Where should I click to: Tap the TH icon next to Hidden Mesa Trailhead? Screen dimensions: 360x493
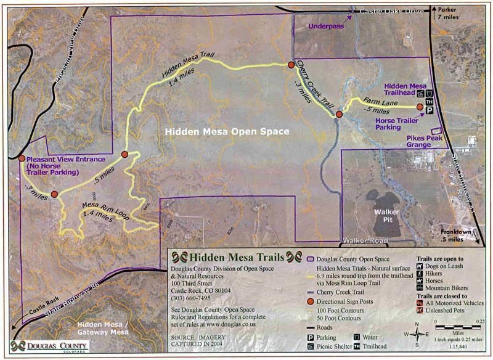429,101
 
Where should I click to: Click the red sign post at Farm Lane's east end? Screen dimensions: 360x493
420,107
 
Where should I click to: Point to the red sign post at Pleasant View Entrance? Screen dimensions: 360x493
21,158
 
